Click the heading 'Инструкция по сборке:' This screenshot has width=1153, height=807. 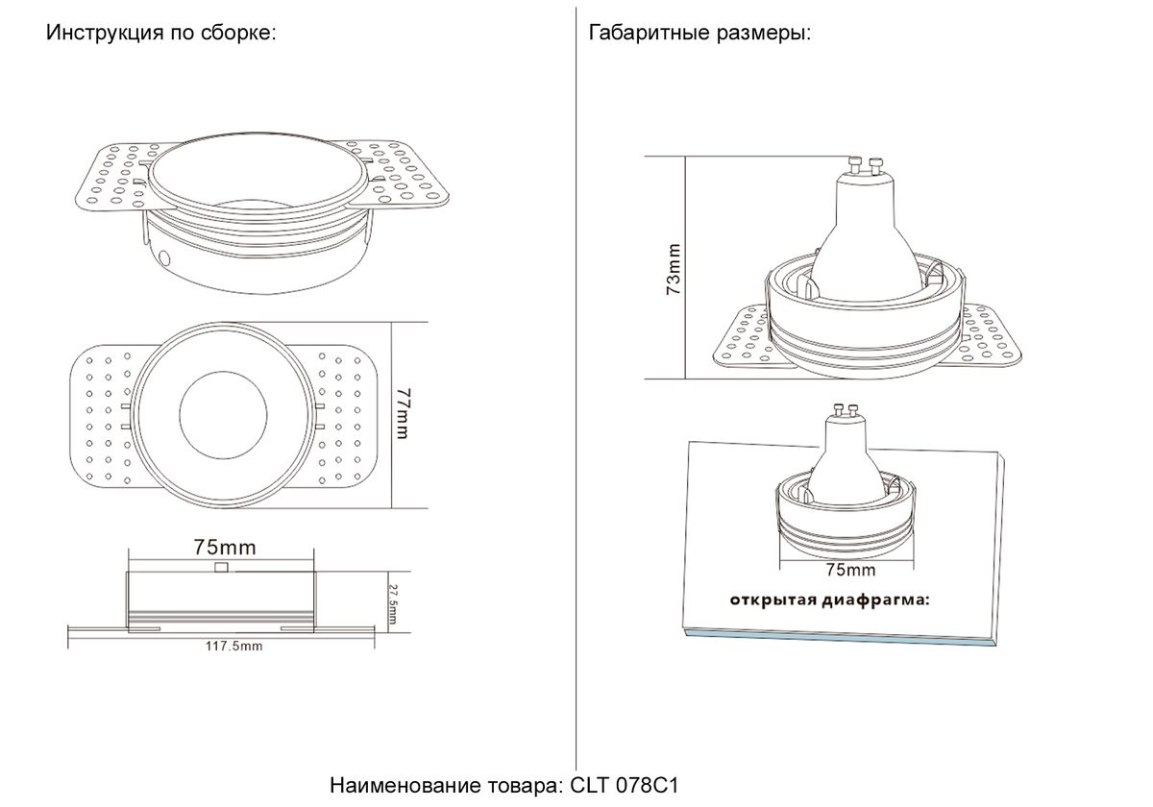point(161,33)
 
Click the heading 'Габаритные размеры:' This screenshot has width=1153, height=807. point(700,33)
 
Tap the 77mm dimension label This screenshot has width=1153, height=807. point(405,414)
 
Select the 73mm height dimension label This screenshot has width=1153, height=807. point(674,269)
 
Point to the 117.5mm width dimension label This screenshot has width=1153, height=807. point(234,646)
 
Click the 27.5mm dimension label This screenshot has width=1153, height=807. point(392,603)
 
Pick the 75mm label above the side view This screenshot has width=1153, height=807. point(225,548)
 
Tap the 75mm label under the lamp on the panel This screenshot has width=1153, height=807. point(851,571)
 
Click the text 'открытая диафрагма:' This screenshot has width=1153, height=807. point(830,600)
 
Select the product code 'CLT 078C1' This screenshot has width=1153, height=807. point(625,786)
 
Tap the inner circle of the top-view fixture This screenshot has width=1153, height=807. point(223,415)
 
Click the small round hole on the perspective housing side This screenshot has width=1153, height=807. point(165,257)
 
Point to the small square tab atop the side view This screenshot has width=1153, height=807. point(221,567)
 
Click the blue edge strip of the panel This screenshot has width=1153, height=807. point(840,637)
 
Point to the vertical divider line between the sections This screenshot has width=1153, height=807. point(576,388)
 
